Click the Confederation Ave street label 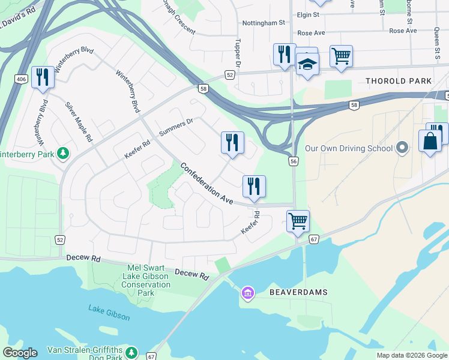[x=206, y=184]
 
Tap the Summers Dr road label [x=176, y=127]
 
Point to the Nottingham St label [x=263, y=23]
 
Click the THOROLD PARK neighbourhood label [x=399, y=81]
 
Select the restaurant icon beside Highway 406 [x=42, y=77]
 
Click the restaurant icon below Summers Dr [x=232, y=142]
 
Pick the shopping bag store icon [x=430, y=142]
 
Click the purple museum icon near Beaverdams [x=247, y=293]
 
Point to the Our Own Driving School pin [x=403, y=148]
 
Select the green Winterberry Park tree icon [x=63, y=154]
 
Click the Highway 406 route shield [x=21, y=79]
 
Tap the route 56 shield [x=294, y=161]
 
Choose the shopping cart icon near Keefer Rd [x=298, y=220]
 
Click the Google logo [x=20, y=353]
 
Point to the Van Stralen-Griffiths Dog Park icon [x=132, y=353]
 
